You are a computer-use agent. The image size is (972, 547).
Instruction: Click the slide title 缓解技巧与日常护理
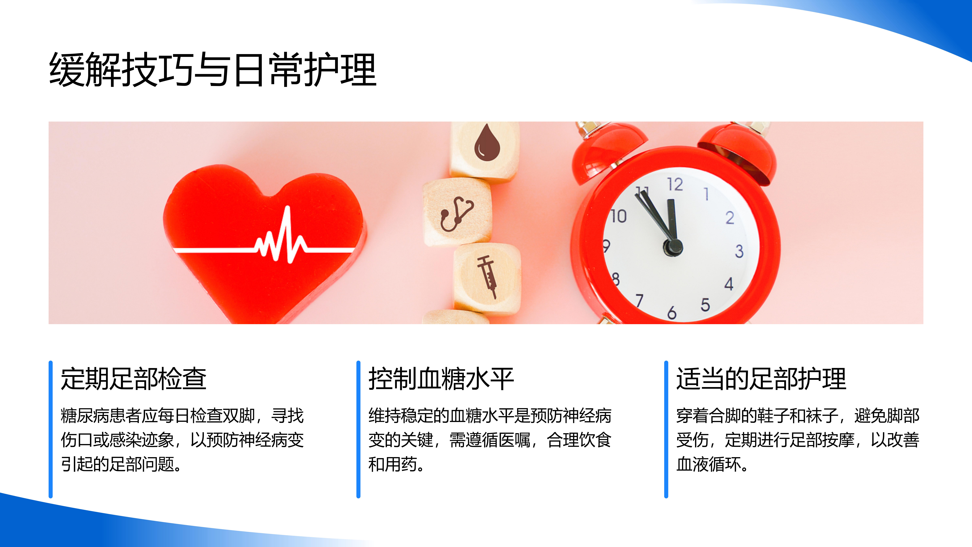[x=213, y=69]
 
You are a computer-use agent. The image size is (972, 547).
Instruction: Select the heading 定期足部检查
[x=134, y=379]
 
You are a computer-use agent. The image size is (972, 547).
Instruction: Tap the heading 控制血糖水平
[x=441, y=379]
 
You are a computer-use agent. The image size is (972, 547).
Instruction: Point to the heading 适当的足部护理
[x=761, y=379]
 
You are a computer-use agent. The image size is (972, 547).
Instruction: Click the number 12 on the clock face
[x=675, y=185]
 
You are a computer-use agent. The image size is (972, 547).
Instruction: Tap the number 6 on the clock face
[x=672, y=313]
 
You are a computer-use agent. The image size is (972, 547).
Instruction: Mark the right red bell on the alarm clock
[x=738, y=153]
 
